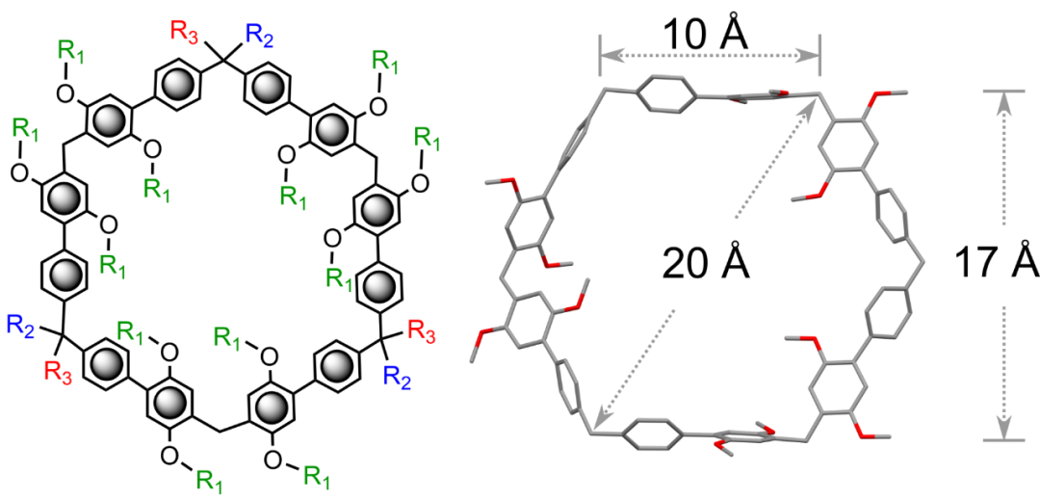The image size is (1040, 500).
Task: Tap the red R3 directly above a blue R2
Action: click(420, 331)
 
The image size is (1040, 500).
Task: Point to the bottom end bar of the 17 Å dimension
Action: click(1003, 439)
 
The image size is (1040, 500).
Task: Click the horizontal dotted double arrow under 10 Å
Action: click(710, 55)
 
